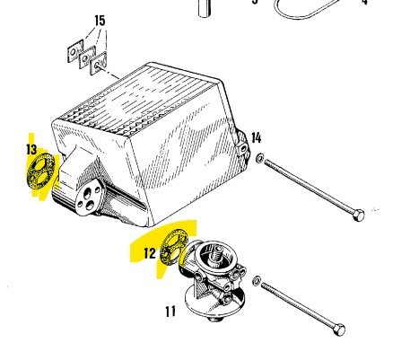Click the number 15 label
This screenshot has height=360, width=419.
click(100, 21)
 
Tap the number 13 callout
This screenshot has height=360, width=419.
click(31, 149)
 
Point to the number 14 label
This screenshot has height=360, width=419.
click(256, 137)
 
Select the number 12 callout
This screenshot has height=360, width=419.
click(150, 253)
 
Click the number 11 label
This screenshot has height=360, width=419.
click(170, 312)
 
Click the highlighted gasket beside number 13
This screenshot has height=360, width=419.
click(41, 171)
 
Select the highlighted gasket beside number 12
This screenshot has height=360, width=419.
click(173, 247)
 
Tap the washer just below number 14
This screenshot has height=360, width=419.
click(259, 158)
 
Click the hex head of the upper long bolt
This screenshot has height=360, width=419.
click(358, 215)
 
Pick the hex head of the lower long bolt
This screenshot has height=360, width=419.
click(339, 329)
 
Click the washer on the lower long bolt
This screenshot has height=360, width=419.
click(257, 281)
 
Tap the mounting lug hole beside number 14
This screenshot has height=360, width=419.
click(243, 148)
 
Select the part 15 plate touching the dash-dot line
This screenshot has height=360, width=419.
click(98, 64)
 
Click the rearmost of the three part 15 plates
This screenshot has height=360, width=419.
click(75, 51)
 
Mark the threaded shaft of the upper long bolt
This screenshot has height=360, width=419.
click(309, 186)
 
